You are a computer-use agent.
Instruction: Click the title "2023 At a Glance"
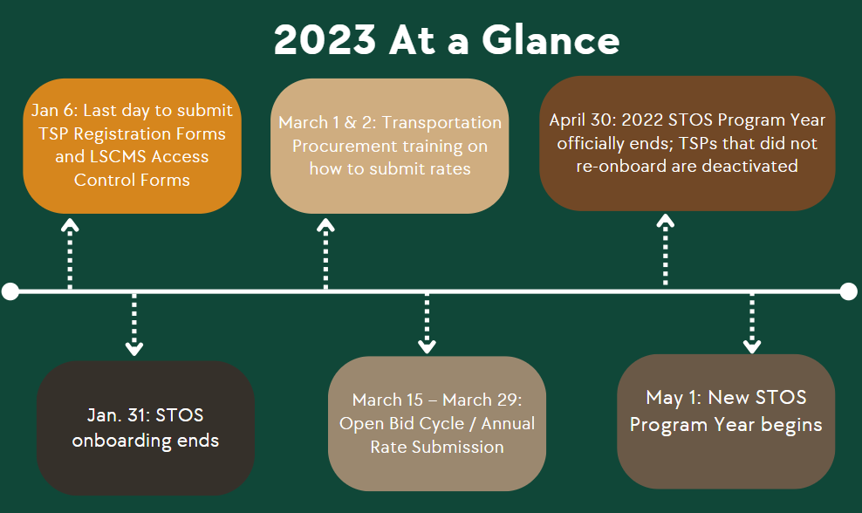(447, 39)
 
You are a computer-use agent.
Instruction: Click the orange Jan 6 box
(132, 146)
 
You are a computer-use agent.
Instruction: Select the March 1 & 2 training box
(390, 146)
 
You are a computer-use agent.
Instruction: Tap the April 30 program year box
(688, 143)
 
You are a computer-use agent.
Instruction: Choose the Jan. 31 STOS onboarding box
(146, 427)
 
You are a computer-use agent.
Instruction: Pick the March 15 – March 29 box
(437, 423)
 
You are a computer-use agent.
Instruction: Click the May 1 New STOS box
(726, 421)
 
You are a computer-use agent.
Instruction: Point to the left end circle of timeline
(10, 291)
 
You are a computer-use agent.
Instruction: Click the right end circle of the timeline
(848, 291)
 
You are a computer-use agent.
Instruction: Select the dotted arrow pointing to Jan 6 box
(70, 253)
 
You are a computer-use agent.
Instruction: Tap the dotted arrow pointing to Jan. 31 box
(134, 325)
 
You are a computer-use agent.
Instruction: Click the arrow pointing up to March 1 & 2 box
(326, 253)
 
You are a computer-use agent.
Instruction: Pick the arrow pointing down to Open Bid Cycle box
(428, 324)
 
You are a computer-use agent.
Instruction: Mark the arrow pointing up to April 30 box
(665, 250)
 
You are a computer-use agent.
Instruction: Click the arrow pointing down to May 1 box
(752, 324)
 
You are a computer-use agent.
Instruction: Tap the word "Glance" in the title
(551, 39)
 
